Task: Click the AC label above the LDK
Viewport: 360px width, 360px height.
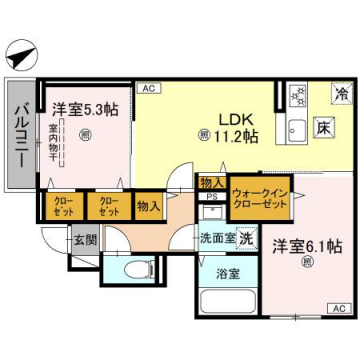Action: pos(147,90)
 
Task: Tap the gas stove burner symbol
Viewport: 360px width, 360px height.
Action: pos(297,97)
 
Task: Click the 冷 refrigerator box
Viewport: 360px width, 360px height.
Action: pos(342,95)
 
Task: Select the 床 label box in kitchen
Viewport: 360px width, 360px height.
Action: pos(325,129)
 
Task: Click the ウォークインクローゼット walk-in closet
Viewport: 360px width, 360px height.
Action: pos(259,195)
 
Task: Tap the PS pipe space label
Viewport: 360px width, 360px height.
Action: pos(212,198)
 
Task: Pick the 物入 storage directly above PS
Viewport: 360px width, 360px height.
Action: pos(212,183)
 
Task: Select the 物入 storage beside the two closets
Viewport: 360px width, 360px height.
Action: pos(148,206)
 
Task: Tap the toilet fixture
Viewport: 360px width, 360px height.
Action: pos(137,269)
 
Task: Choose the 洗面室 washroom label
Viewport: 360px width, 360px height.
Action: pos(216,239)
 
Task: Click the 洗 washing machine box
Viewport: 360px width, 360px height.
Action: pos(245,240)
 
